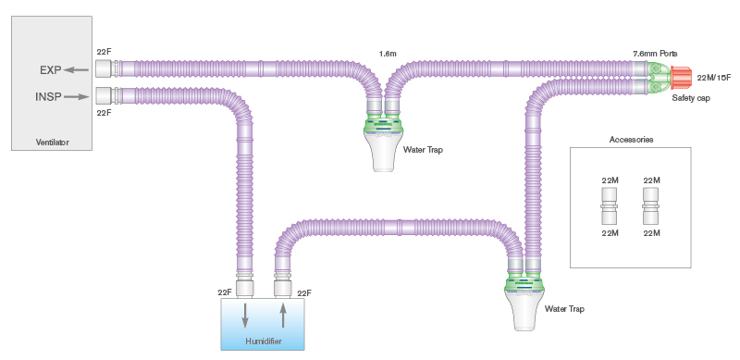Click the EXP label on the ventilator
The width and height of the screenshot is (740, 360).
(49, 69)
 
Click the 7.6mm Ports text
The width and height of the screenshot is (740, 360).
(654, 55)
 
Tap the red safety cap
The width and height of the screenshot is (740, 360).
(681, 78)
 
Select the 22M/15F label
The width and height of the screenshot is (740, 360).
(714, 78)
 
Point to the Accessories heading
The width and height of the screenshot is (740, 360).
(632, 140)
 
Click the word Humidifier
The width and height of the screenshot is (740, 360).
(264, 342)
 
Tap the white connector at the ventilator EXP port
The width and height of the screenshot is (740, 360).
(104, 68)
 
